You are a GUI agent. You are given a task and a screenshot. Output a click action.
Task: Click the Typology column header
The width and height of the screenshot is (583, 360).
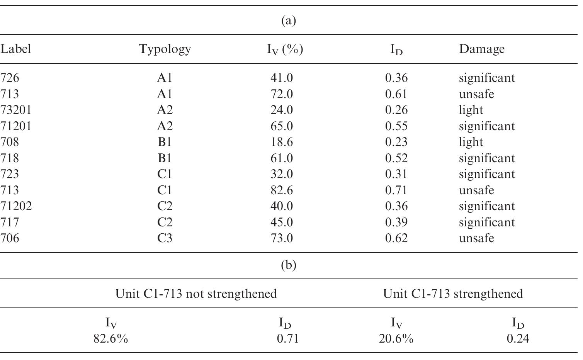(165, 49)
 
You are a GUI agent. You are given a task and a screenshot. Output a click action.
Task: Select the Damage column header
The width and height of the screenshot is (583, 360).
(481, 49)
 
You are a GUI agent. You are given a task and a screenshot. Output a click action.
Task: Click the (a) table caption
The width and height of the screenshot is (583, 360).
(289, 20)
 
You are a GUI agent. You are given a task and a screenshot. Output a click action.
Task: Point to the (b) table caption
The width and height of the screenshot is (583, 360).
(289, 265)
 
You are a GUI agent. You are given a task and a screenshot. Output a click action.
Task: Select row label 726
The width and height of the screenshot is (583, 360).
(10, 78)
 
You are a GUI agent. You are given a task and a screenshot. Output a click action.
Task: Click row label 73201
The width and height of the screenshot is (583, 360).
(16, 110)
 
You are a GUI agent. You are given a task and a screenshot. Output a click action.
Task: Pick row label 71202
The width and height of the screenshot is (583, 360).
(16, 206)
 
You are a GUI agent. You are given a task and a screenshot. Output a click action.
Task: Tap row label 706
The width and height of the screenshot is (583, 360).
(10, 238)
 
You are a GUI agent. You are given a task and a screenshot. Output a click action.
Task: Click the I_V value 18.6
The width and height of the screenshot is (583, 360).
(281, 142)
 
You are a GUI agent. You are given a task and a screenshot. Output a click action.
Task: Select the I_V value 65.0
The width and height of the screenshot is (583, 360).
(281, 126)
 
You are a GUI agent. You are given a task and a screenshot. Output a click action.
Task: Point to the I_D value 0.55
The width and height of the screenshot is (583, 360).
(396, 126)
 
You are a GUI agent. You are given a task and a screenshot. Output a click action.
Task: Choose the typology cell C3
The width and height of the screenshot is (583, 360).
(165, 238)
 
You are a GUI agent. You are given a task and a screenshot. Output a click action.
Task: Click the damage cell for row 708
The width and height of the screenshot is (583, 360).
(471, 142)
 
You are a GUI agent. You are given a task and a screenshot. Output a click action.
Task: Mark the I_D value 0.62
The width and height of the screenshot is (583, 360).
(396, 238)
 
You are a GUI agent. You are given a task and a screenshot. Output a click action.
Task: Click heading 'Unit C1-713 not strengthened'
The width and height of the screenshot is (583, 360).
(196, 294)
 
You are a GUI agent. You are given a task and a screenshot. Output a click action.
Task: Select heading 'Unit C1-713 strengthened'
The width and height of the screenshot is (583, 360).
(453, 294)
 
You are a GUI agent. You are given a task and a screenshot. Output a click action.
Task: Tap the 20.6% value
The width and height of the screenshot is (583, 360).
(396, 339)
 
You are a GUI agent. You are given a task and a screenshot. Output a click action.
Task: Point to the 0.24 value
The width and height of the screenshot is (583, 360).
(518, 339)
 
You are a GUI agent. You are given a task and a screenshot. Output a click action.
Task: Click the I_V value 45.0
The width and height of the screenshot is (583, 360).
(281, 222)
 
